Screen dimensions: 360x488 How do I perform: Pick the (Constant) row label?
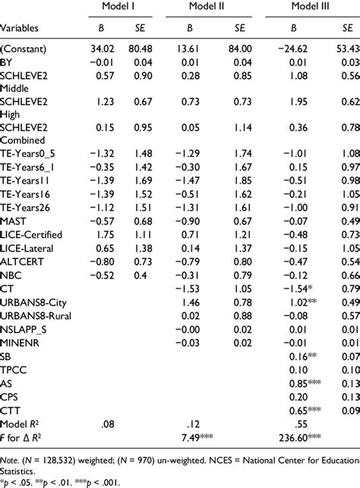(25, 49)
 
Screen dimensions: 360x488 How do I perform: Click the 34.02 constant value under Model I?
(101, 49)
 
